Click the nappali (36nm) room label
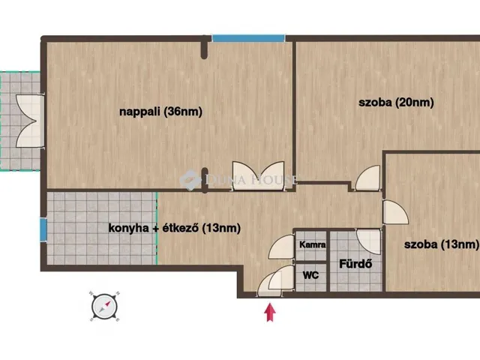pos(160,112)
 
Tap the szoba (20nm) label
pos(396,102)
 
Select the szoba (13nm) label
pos(442,244)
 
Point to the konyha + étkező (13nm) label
pos(175,228)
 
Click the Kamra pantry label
pos(312,244)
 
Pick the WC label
pos(310,275)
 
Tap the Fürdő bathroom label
pos(355,263)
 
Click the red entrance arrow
pos(270,312)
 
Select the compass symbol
pos(104,307)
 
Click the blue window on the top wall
pos(248,38)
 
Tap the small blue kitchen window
pos(43,229)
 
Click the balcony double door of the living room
pos(29,121)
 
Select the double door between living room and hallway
pos(258,175)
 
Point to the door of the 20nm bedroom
pos(367,178)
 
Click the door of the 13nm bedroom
pos(395,211)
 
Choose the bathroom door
pos(369,241)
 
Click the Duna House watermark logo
pos(238,179)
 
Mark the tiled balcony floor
pos(20,121)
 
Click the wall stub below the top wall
pos(204,47)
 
